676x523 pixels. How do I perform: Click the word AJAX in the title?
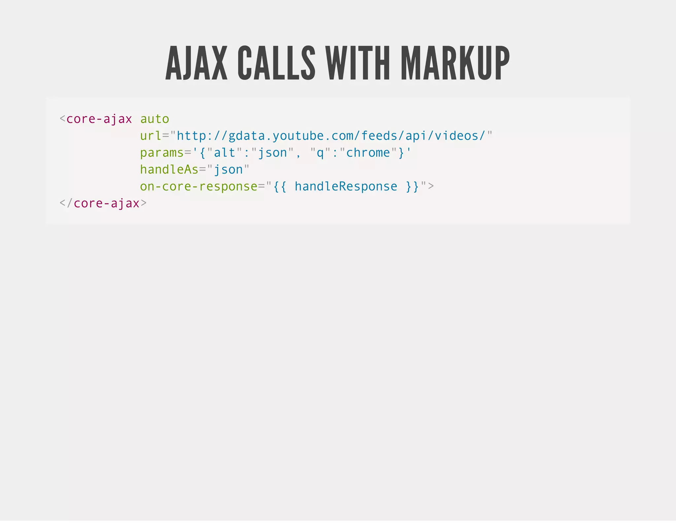click(196, 63)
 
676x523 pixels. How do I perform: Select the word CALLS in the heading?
click(276, 63)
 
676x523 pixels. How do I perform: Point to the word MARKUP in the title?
click(455, 63)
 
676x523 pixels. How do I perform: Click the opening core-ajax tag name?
click(99, 119)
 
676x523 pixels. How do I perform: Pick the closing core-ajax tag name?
click(106, 203)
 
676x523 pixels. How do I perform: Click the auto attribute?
click(154, 119)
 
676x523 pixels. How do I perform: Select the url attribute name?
click(151, 136)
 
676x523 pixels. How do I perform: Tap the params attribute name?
click(162, 153)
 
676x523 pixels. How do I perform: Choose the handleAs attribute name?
click(169, 170)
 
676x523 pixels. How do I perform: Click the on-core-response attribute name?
click(198, 186)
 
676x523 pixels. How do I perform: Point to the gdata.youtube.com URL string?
click(331, 136)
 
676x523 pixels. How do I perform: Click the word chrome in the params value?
click(368, 153)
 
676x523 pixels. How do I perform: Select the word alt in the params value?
click(224, 153)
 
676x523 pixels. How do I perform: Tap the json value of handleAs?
click(228, 170)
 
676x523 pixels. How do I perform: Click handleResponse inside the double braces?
click(346, 186)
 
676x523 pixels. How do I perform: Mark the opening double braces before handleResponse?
click(280, 186)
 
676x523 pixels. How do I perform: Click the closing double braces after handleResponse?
click(412, 186)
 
